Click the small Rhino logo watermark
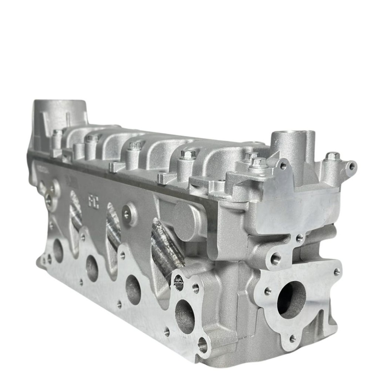pos(179,283)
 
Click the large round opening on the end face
pos(291,299)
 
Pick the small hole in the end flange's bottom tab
pos(292,338)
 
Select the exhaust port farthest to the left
pos(58,251)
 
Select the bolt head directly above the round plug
pos(188,154)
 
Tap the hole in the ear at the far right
pos(352,166)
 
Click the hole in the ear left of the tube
pos(283,165)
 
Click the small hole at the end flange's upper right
pos(336,272)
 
